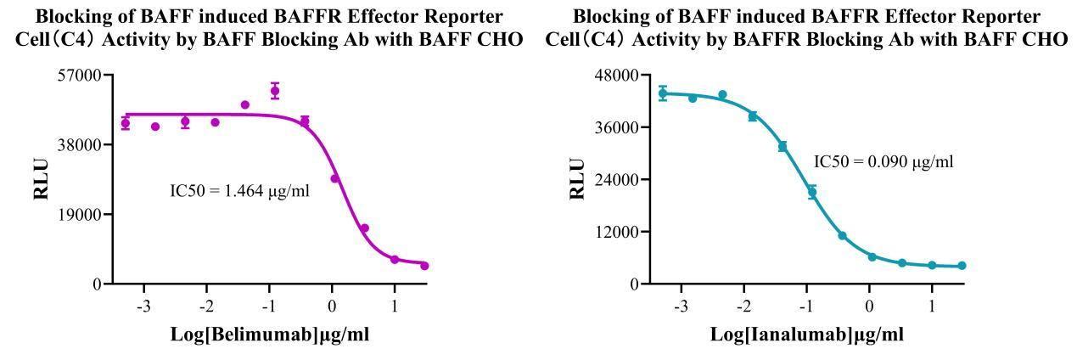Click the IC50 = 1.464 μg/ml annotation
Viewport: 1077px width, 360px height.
(x=240, y=191)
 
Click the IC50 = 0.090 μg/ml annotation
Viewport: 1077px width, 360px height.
(x=883, y=161)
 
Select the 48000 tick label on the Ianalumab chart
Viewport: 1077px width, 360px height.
(x=617, y=75)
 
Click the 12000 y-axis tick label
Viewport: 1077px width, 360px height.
(x=617, y=232)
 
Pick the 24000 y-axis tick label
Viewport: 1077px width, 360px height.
(x=617, y=179)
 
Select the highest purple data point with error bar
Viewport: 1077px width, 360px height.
(x=275, y=90)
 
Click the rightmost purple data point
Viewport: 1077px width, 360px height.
(x=424, y=266)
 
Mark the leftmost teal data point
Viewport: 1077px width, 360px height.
(x=663, y=93)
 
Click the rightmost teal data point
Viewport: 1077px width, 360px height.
(x=962, y=266)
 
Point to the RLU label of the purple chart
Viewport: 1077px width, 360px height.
(x=40, y=180)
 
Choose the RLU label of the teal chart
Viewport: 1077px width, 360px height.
(x=577, y=180)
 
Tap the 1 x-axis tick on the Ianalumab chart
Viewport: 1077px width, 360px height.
(x=932, y=304)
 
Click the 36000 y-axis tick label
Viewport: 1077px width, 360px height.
(x=617, y=127)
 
